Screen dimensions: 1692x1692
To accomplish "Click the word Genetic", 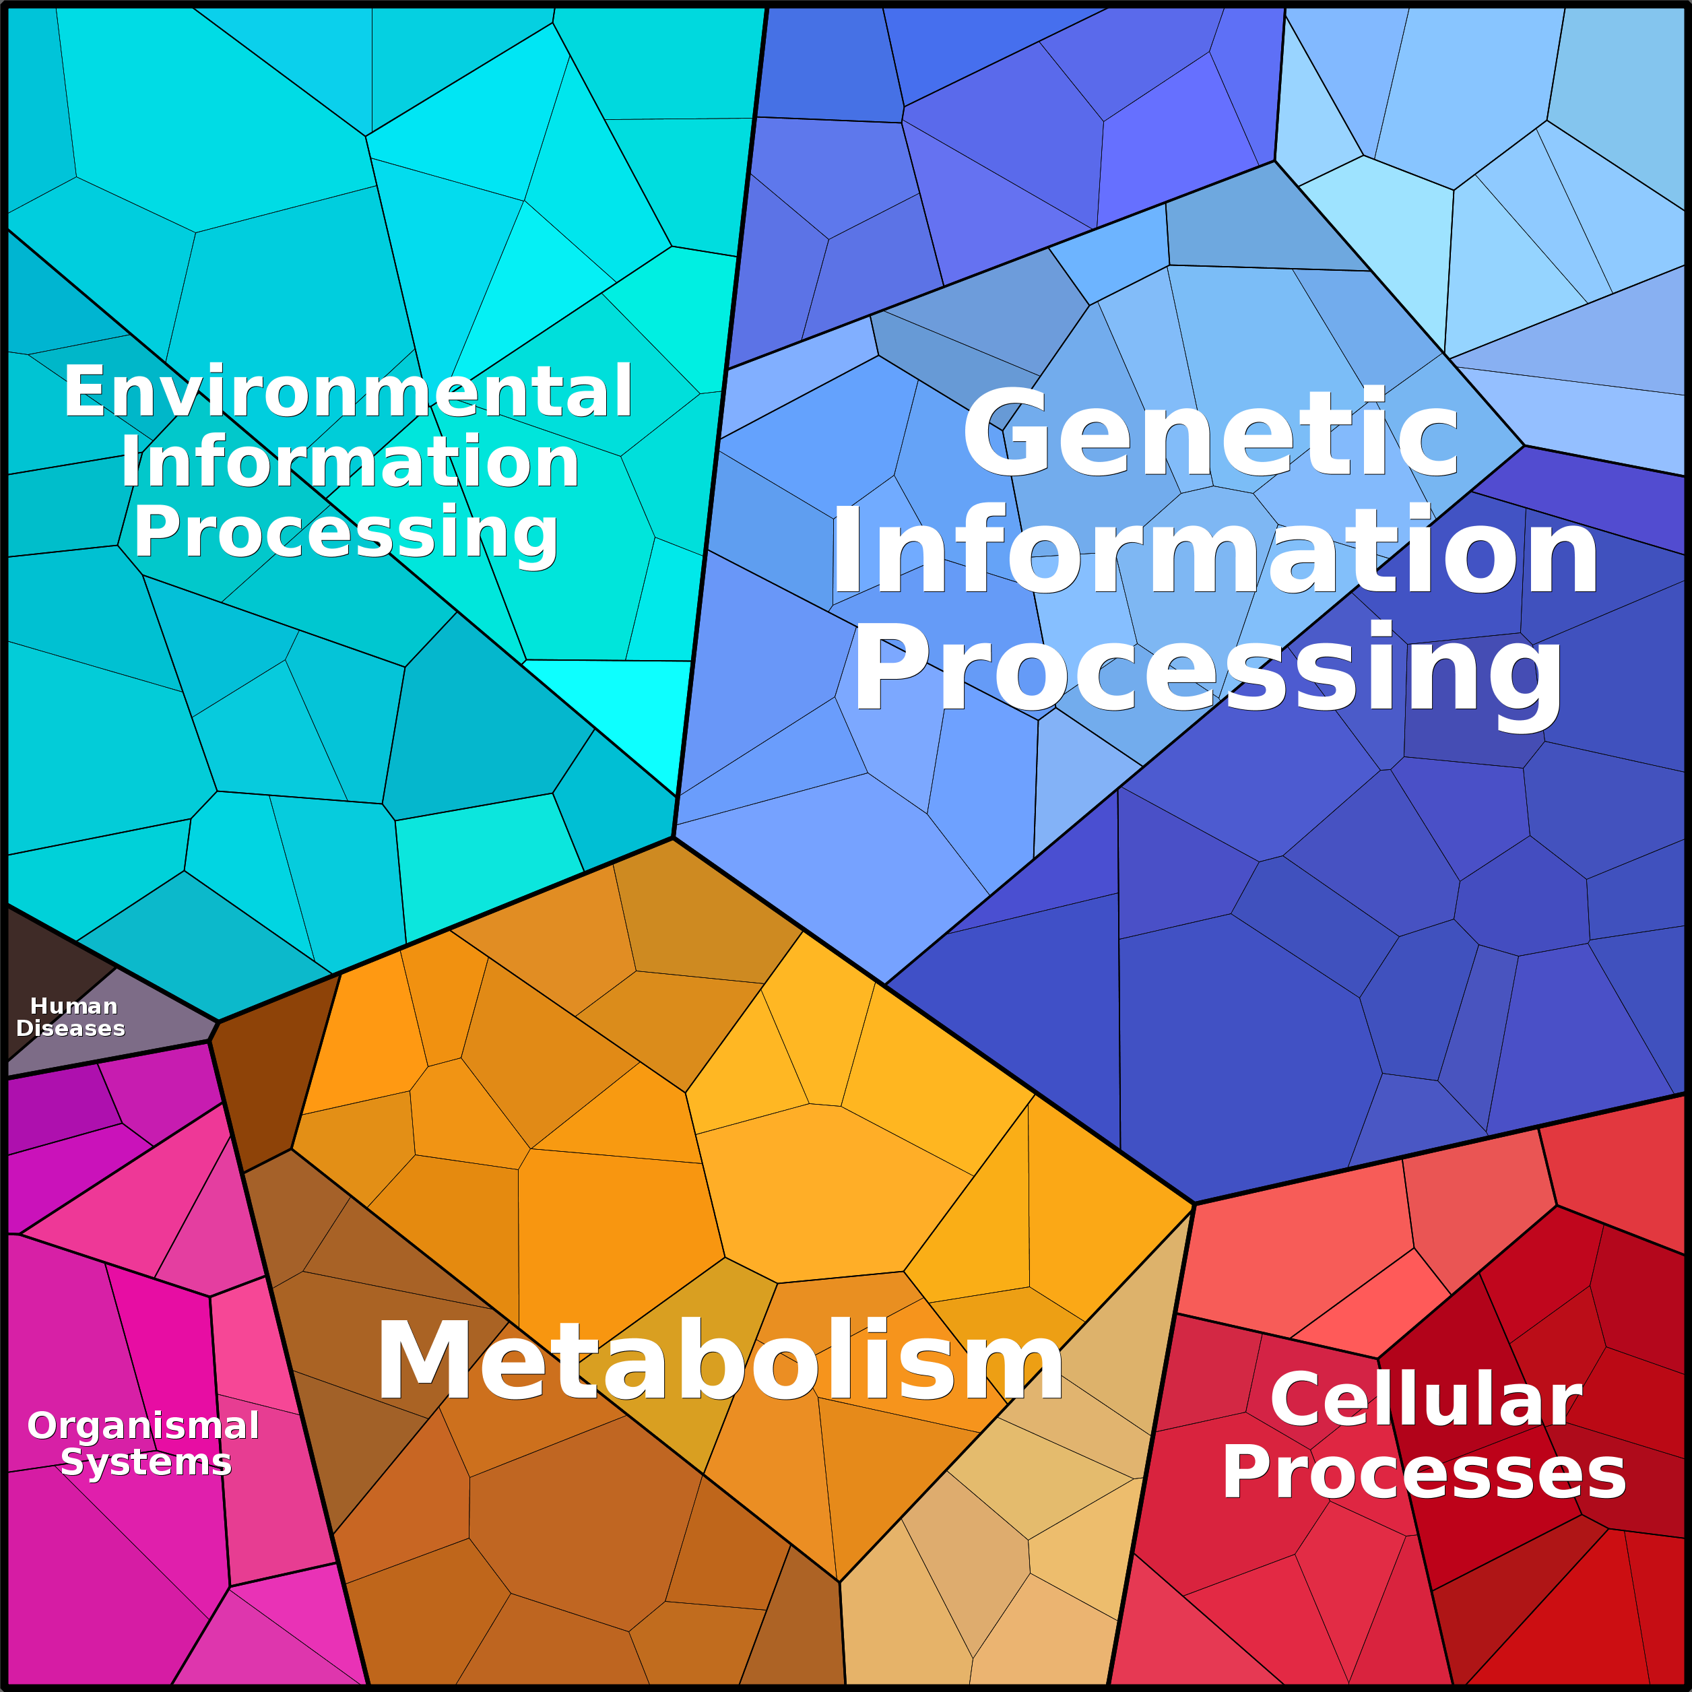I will pos(1210,435).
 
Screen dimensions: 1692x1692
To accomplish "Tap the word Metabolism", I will pos(720,1363).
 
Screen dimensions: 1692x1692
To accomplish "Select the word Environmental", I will pos(348,391).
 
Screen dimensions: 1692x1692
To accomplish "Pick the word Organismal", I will pos(143,1426).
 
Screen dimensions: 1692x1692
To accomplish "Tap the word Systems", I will pos(146,1462).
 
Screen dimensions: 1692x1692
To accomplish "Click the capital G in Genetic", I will pos(998,435).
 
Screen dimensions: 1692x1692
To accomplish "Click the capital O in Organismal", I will pos(42,1426).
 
